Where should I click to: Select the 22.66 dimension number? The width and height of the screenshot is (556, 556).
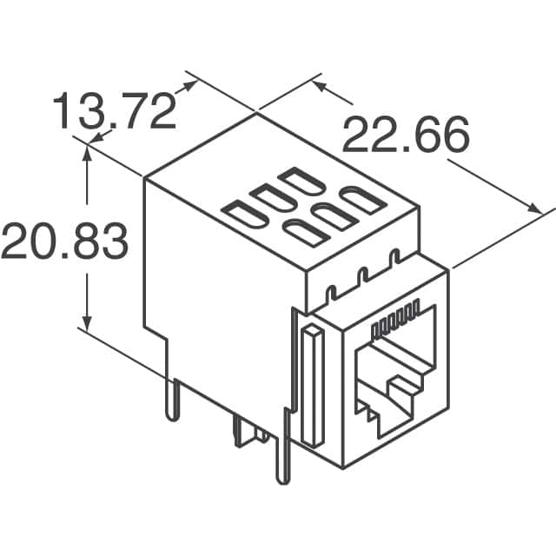(406, 135)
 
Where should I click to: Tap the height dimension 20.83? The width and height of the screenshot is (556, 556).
(65, 241)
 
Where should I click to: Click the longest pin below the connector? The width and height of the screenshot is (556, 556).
(281, 452)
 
